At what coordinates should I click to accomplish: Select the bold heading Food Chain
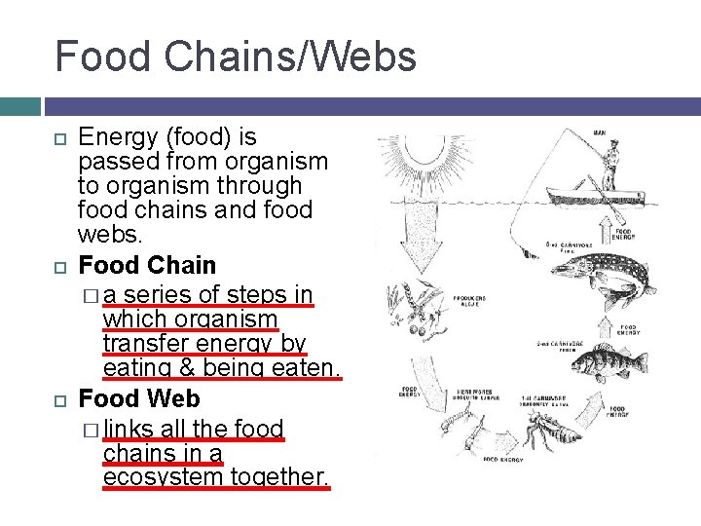[x=147, y=265]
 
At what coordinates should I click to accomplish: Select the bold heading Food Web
[x=139, y=398]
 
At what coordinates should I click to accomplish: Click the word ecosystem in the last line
[x=163, y=477]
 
